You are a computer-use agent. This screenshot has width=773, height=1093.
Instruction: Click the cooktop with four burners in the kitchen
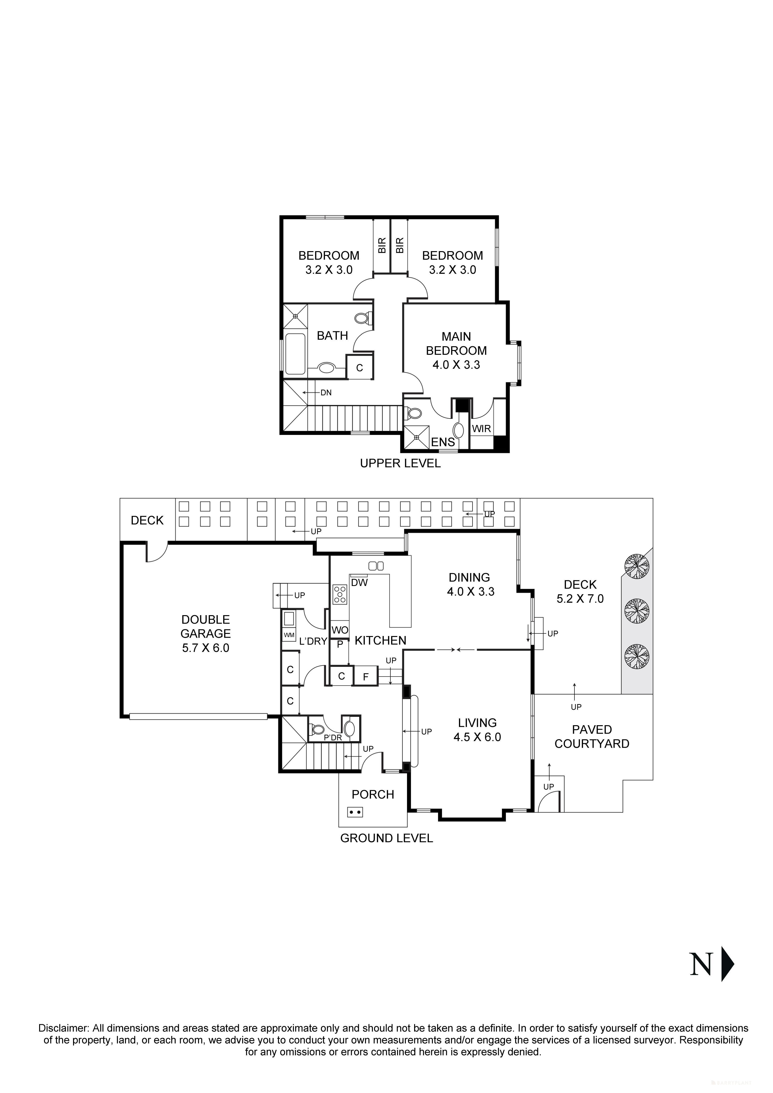(340, 594)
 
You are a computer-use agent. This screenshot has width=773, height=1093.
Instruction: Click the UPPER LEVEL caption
(400, 463)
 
